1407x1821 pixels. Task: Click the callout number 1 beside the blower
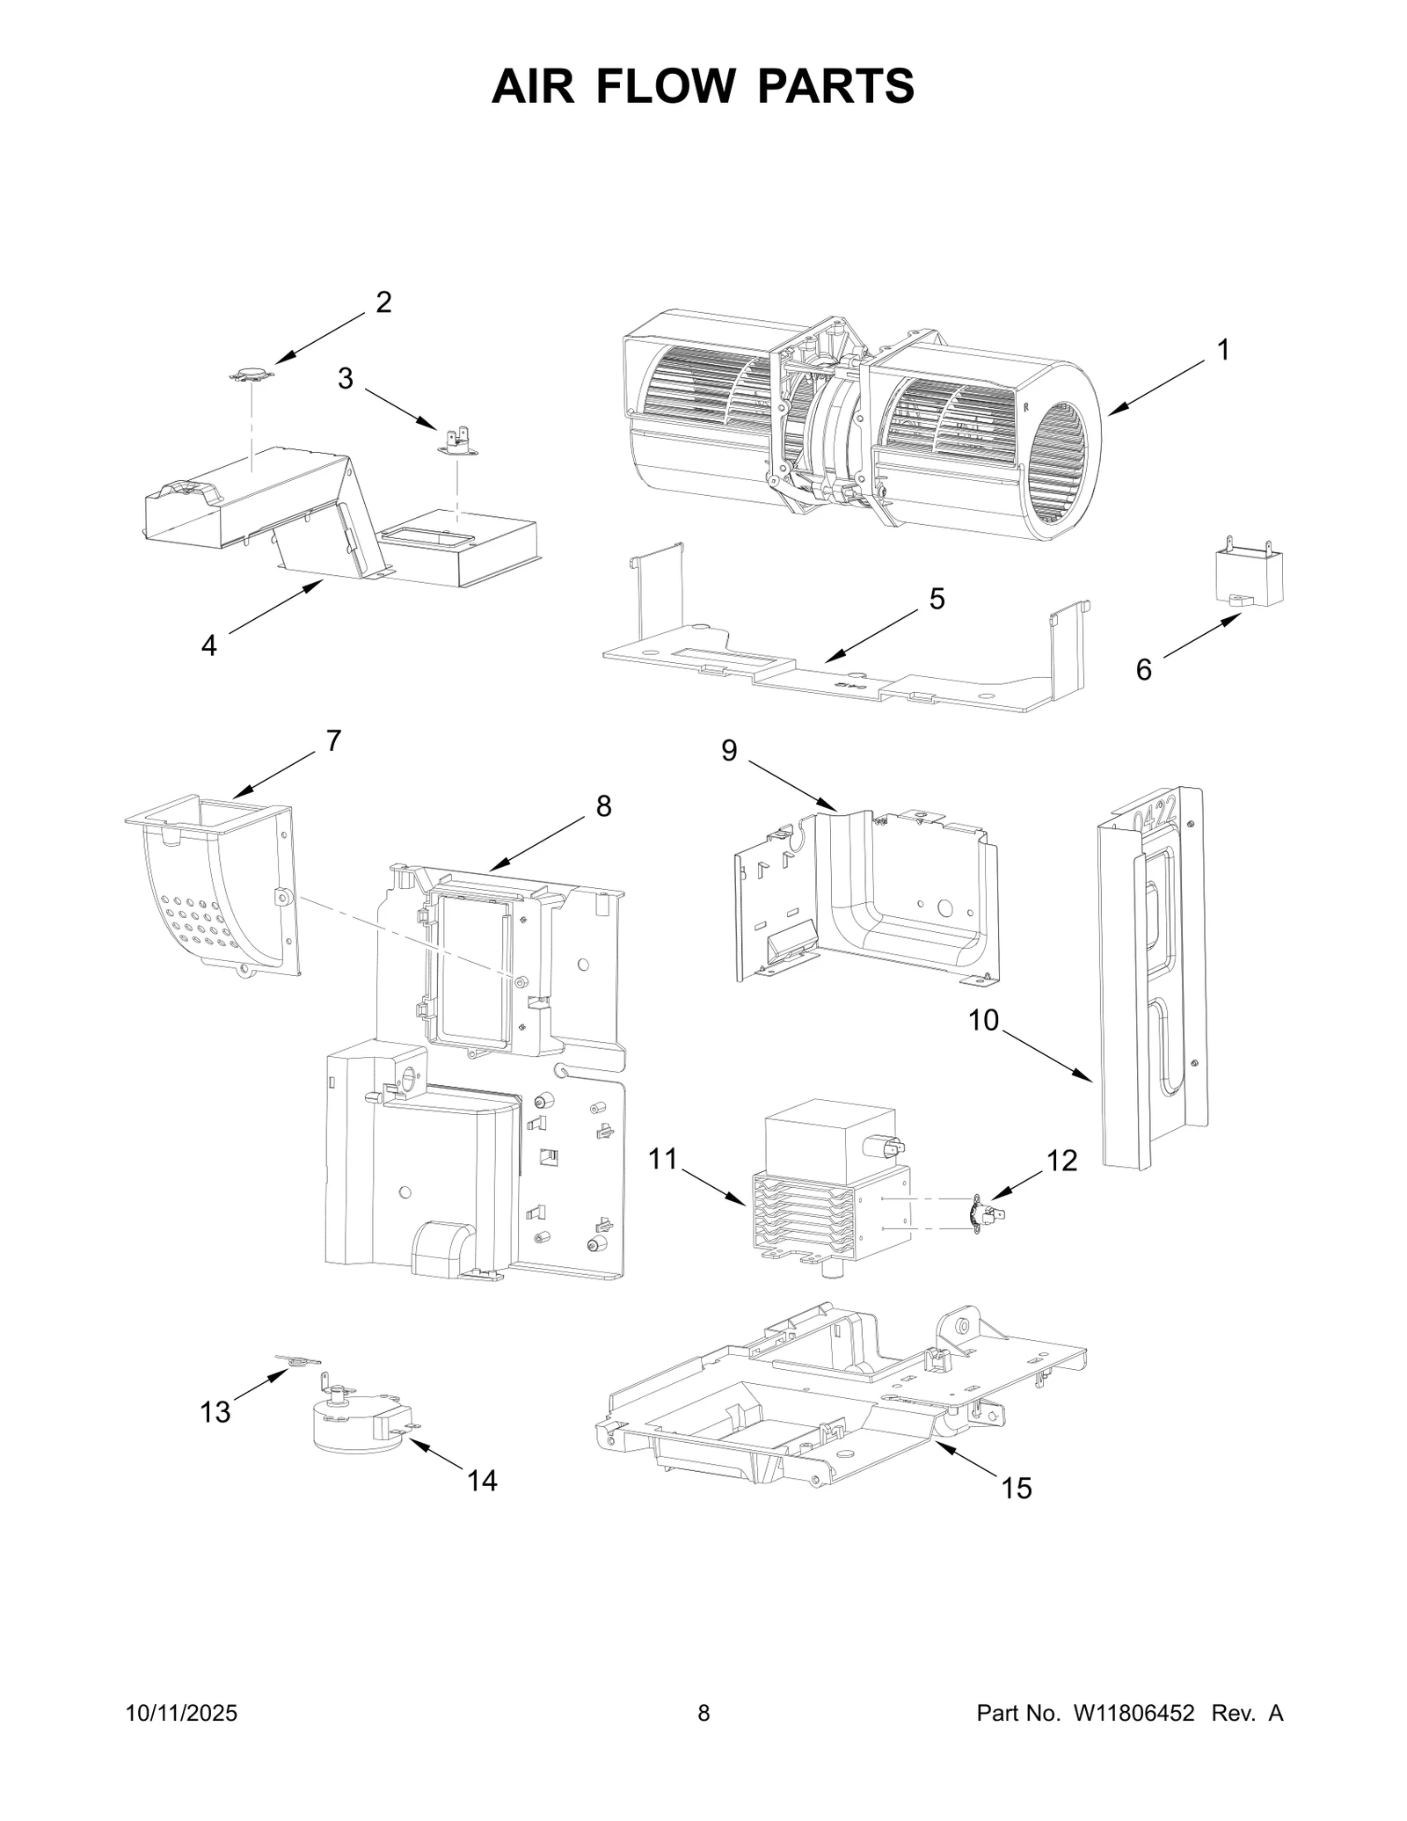(x=1222, y=350)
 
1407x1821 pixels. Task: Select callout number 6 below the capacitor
(x=1143, y=670)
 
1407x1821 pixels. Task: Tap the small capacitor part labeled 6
(x=1248, y=577)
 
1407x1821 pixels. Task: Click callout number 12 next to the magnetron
(x=1062, y=1161)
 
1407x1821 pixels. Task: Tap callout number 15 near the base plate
(x=1016, y=1489)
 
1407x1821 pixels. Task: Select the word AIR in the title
(x=533, y=86)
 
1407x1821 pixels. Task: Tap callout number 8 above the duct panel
(x=603, y=805)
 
